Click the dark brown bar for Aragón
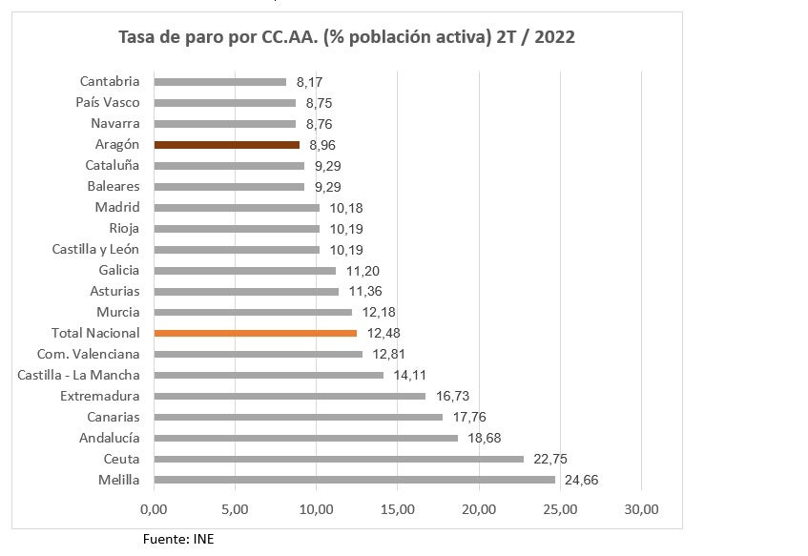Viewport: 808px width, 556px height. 227,145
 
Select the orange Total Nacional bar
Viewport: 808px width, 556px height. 255,334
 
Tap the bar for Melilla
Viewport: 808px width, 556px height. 354,481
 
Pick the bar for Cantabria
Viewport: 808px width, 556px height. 220,82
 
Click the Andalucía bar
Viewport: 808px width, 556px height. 305,439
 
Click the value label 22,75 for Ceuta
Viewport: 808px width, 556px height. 549,460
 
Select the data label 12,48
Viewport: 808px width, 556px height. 383,334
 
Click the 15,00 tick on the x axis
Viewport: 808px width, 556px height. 397,508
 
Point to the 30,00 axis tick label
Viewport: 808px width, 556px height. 641,508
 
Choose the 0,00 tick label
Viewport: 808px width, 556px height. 154,508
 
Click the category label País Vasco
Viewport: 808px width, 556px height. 108,103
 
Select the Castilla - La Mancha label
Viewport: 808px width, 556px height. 78,376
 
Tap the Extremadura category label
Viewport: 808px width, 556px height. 99,397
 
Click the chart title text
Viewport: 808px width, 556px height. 346,37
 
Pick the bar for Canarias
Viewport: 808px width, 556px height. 299,418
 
